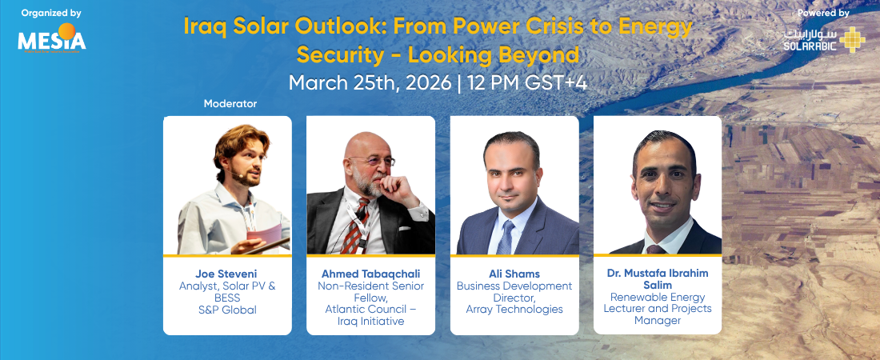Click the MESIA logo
click(52, 38)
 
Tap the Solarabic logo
click(825, 39)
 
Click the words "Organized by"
click(51, 12)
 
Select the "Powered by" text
click(823, 12)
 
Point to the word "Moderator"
click(230, 104)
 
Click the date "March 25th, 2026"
click(370, 83)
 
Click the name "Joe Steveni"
click(227, 274)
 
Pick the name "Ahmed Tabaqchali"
click(370, 274)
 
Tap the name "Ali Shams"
click(514, 274)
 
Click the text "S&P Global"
click(227, 310)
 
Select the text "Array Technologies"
click(514, 310)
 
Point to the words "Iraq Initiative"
click(370, 322)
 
